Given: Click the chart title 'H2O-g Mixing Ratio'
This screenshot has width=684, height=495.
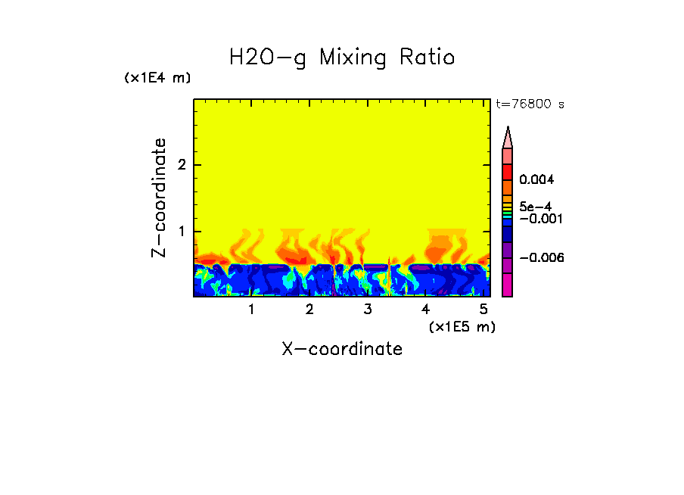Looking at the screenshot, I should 342,58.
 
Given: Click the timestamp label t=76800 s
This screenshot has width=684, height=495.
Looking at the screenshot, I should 530,104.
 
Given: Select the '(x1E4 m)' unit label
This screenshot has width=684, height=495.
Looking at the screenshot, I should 157,78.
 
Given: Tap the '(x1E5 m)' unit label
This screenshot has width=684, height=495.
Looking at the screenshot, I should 462,326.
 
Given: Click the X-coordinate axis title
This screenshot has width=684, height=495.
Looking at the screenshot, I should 342,349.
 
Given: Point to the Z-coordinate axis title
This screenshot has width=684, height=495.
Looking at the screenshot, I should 159,198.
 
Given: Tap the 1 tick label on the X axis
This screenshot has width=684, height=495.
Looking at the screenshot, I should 251,310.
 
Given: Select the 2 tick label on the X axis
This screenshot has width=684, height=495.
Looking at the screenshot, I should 309,310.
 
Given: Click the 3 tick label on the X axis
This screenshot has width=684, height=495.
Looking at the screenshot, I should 368,310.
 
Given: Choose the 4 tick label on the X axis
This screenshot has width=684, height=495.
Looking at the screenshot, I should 425,310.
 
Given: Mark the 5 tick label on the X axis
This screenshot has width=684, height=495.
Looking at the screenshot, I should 483,310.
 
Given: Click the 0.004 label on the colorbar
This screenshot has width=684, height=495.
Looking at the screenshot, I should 536,180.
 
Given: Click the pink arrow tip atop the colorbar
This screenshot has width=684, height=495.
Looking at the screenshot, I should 508,137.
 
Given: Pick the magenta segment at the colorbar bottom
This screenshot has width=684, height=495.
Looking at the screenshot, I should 508,286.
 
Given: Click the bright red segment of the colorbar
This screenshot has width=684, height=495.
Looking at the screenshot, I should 508,171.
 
